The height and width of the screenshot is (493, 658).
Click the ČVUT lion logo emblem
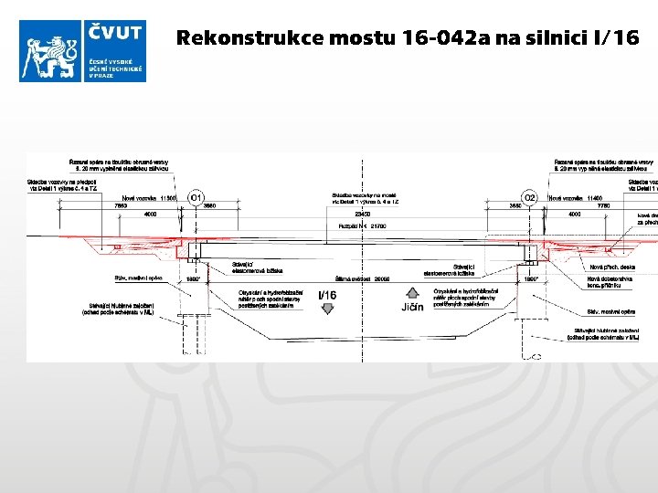pos(51,51)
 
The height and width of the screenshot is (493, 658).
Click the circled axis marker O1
pos(196,197)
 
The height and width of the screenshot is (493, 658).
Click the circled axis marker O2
pos(529,197)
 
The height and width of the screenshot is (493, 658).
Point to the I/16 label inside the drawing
pos(326,294)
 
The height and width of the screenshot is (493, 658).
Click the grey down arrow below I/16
pos(326,309)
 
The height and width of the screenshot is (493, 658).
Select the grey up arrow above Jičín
pos(412,293)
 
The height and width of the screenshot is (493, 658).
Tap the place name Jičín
pos(412,307)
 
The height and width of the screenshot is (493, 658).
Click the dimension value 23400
pos(363,214)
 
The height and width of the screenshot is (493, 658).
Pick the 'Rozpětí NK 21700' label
pos(363,226)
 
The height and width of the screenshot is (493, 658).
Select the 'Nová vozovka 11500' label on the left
pos(149,198)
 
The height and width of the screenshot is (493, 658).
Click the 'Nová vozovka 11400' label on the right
pos(575,198)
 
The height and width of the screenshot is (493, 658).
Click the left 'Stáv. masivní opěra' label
pos(138,278)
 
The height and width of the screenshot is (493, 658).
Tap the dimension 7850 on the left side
pos(120,205)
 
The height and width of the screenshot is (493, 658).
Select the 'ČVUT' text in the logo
pos(115,34)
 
